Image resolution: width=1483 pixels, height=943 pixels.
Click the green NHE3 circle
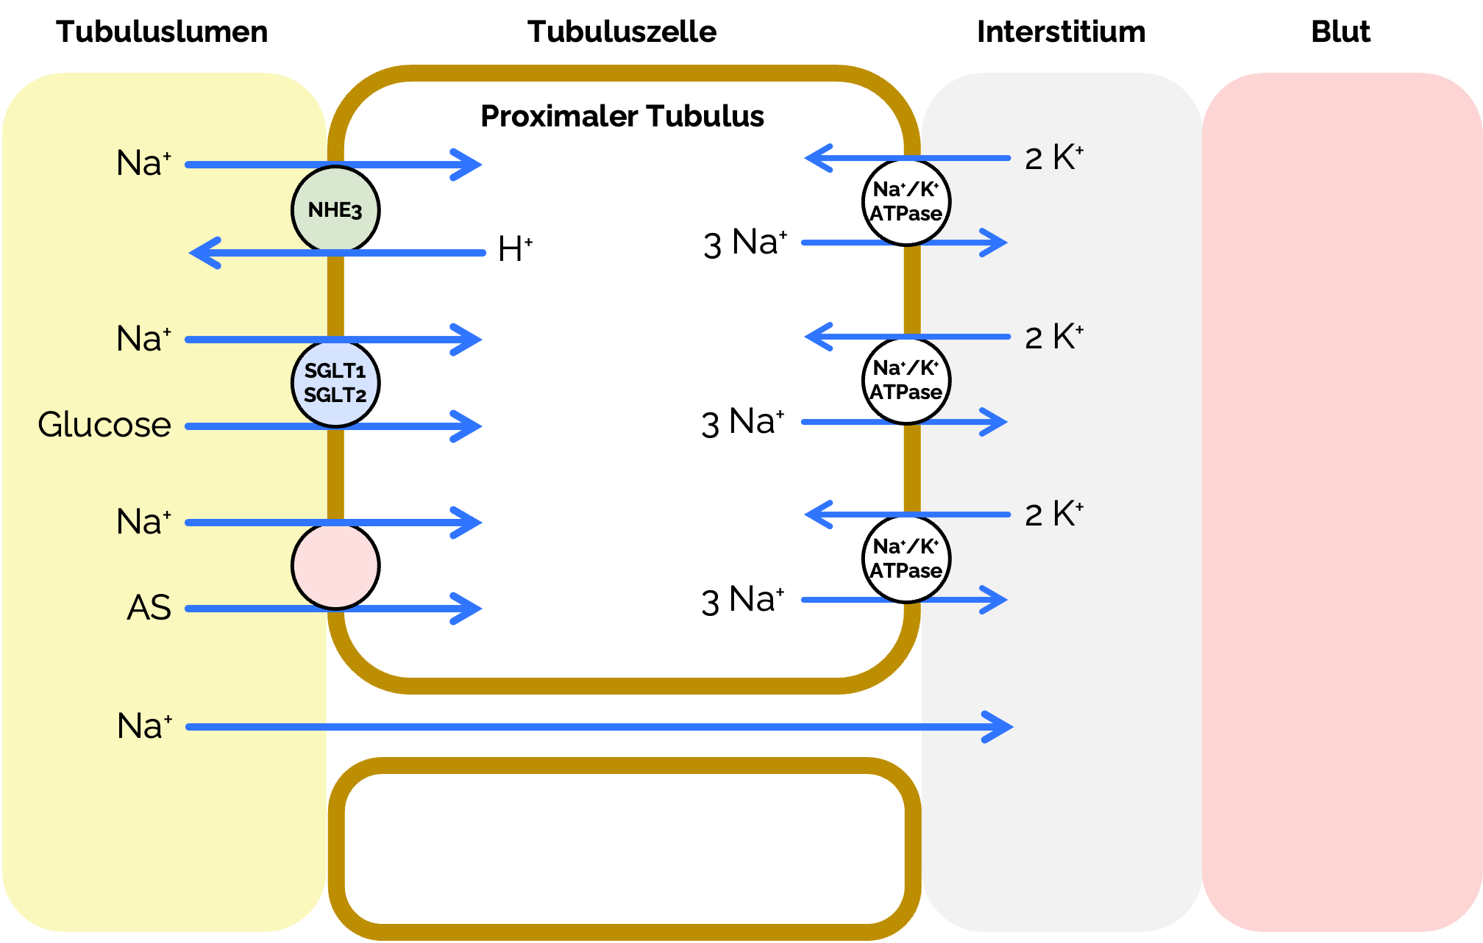pos(335,210)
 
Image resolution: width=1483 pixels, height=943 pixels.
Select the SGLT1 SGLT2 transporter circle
pos(335,383)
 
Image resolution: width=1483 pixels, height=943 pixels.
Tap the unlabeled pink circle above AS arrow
pos(335,565)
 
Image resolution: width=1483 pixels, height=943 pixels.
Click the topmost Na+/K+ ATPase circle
pos(907,201)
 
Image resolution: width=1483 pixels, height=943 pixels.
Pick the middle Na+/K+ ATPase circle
pos(907,380)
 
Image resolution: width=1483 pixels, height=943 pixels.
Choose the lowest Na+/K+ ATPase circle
pos(907,559)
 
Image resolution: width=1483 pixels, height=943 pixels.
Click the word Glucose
pos(104,425)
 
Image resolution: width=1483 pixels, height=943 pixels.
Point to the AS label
pos(149,608)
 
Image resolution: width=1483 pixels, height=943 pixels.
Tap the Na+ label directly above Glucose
pos(144,339)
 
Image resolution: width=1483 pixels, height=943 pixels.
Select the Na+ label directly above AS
pos(144,522)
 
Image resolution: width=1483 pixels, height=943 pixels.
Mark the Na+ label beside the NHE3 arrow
pos(144,163)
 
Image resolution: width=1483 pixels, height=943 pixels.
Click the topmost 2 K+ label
pos(1053,158)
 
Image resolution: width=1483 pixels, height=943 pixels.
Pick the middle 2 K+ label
pos(1053,337)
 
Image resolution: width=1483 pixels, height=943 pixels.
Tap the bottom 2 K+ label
pos(1053,514)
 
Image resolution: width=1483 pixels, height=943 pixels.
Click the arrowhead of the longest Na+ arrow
pos(1001,727)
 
